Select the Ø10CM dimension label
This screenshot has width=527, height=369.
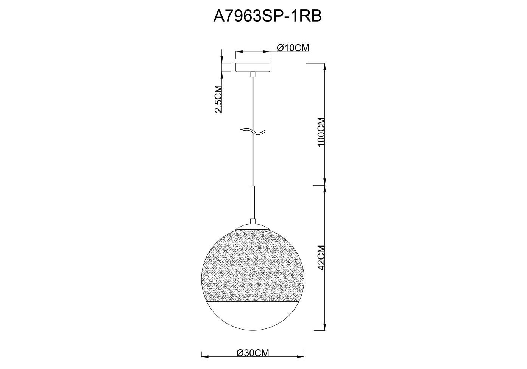293,48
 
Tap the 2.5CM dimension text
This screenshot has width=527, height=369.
218,99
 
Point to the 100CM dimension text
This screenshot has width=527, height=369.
321,132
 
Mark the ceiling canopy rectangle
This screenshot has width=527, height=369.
253,67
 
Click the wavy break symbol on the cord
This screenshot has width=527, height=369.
253,132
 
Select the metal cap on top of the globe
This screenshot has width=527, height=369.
253,227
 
